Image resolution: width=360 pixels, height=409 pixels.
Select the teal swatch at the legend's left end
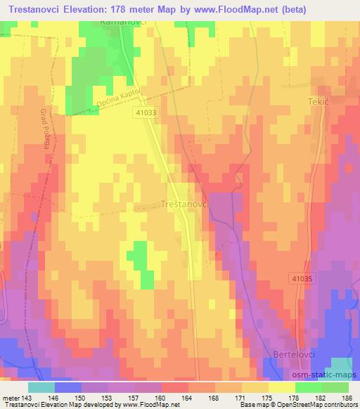pyautogui.click(x=41, y=387)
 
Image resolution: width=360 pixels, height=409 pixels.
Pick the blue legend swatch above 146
pyautogui.click(x=68, y=387)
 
